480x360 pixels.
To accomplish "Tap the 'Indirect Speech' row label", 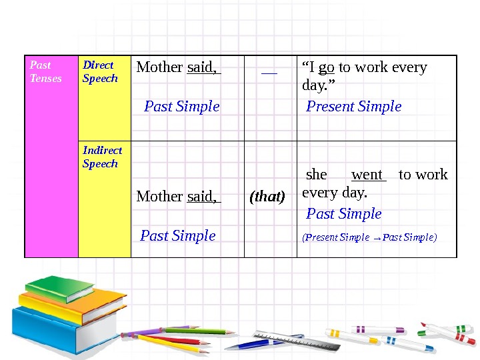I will click(x=102, y=157).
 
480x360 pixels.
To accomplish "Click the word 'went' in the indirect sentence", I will click(x=367, y=175).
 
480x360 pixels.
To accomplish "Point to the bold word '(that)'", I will click(x=267, y=197).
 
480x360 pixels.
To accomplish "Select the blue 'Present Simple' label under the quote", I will click(x=353, y=106).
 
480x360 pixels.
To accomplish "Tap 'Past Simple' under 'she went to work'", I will click(x=343, y=213).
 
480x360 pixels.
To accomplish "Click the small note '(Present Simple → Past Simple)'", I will click(x=369, y=237).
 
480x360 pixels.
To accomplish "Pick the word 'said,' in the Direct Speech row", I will click(x=203, y=67).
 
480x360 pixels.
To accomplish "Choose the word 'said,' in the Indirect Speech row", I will click(x=203, y=197).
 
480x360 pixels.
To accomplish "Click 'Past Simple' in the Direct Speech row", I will click(x=182, y=106).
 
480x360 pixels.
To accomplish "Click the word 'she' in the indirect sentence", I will click(x=316, y=175).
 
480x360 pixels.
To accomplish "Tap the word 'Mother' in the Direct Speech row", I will click(x=159, y=67).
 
